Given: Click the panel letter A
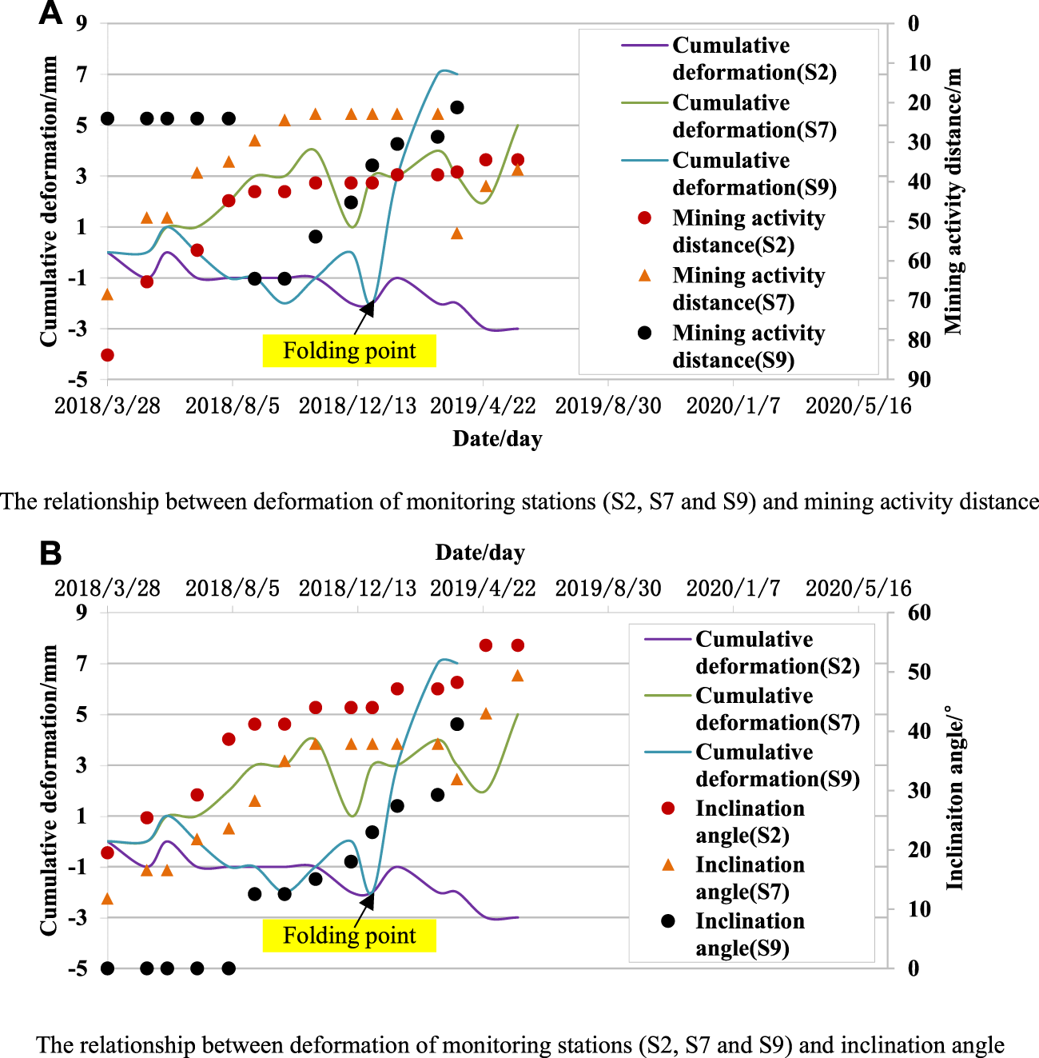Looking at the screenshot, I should pyautogui.click(x=50, y=14).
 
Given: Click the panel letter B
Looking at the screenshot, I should pyautogui.click(x=50, y=553).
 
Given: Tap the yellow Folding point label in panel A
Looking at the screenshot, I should pyautogui.click(x=349, y=351).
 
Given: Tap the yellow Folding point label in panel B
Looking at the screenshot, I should pyautogui.click(x=349, y=936).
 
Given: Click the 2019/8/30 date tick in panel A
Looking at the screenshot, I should pyautogui.click(x=608, y=406).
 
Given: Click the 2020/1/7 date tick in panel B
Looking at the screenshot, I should pyautogui.click(x=733, y=589).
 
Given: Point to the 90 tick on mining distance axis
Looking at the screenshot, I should pyautogui.click(x=918, y=380).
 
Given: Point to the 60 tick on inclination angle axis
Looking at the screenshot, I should pyautogui.click(x=918, y=613).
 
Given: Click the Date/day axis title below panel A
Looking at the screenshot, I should pyautogui.click(x=497, y=438).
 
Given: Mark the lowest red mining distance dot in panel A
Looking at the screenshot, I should pyautogui.click(x=107, y=355).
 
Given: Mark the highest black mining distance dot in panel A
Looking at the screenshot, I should pyautogui.click(x=457, y=107).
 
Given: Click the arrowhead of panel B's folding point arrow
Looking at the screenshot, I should pyautogui.click(x=368, y=900).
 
